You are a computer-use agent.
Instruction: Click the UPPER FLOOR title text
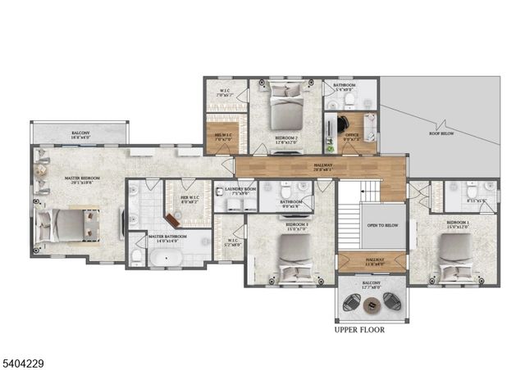point(359,331)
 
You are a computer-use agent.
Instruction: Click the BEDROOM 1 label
point(458,222)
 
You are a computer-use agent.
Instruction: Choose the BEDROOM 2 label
point(286,138)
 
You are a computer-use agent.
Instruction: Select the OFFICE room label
point(352,135)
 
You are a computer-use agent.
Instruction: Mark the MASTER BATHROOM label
point(168,237)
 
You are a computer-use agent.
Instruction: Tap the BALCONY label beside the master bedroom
point(80,133)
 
